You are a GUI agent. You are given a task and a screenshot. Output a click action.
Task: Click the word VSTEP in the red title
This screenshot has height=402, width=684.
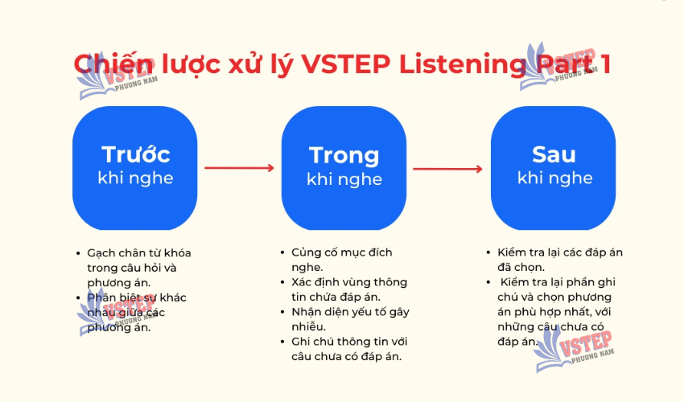(346, 64)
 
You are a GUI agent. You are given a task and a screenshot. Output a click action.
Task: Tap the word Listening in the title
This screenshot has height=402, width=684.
(463, 65)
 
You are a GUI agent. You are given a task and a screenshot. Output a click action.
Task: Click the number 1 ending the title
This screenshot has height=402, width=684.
(605, 64)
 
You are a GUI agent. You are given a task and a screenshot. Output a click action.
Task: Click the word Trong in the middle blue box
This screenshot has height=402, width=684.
(344, 156)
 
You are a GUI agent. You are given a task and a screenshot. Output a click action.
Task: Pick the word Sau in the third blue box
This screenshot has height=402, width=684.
(554, 154)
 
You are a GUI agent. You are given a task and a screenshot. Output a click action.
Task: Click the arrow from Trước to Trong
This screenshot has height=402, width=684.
(240, 168)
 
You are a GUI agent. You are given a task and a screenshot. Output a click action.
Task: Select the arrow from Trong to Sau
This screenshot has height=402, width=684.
(448, 169)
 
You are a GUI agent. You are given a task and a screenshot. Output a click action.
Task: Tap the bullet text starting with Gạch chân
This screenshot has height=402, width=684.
(139, 268)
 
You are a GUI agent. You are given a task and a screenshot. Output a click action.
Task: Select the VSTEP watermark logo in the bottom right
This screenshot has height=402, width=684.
(573, 350)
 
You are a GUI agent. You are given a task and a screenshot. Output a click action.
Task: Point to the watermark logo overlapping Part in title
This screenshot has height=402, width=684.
(558, 66)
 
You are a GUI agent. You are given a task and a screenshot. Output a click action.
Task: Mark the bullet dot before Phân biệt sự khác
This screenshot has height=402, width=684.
(79, 298)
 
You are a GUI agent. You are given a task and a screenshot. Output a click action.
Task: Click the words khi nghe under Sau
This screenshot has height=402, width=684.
(555, 178)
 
